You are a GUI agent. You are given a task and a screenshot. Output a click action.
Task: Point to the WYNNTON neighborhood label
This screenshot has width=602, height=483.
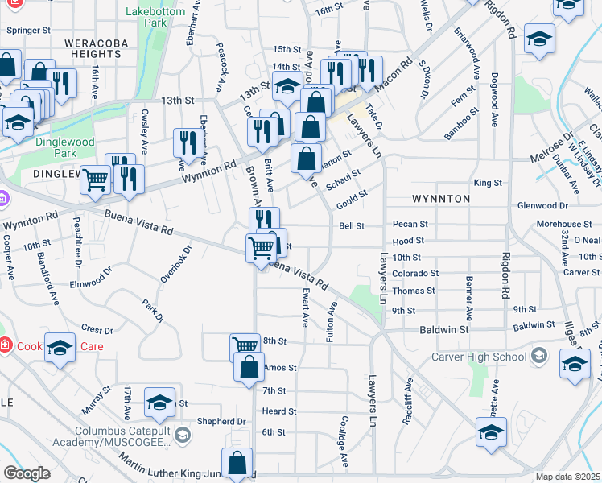coord(440,198)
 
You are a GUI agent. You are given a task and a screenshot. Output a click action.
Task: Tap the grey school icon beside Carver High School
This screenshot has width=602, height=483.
coord(539,356)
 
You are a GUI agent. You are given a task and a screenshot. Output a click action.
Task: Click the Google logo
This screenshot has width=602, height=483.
coord(26,473)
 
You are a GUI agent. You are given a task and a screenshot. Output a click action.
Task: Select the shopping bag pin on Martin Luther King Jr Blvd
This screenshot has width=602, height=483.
coord(237,464)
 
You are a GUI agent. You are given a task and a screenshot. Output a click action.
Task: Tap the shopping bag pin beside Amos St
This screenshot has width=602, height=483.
coord(249,367)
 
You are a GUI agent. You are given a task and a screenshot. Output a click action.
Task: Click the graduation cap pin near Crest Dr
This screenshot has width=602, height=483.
coord(60,348)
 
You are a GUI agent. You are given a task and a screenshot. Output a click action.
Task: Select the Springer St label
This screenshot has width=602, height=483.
coord(28,30)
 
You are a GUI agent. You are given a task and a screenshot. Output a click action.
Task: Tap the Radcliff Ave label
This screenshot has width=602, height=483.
coord(407,401)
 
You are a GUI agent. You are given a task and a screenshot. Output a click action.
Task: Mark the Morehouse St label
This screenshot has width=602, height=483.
coord(564,225)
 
